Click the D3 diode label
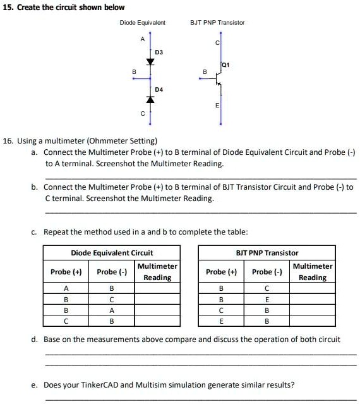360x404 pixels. (159, 51)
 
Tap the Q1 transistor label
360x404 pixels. (225, 65)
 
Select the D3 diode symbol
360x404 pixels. (150, 62)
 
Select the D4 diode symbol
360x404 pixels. (150, 99)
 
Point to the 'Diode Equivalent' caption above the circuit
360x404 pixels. (143, 23)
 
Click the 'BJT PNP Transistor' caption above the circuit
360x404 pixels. (217, 23)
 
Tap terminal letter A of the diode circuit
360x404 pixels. (142, 39)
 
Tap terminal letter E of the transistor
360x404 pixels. (217, 105)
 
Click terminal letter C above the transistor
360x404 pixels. (217, 42)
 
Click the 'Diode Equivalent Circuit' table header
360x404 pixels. (112, 253)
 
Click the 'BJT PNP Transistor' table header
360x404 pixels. (267, 253)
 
